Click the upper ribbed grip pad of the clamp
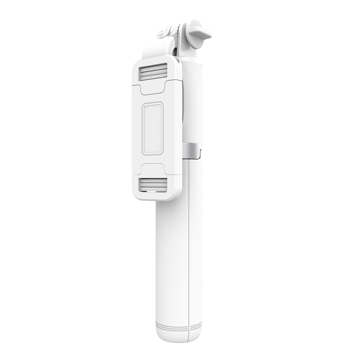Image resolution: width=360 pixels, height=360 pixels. point(154,72)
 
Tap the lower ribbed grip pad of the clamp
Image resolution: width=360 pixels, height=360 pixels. point(154,185)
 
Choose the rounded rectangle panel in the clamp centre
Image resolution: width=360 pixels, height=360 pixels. point(153,128)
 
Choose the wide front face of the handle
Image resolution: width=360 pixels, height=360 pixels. point(172,259)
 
